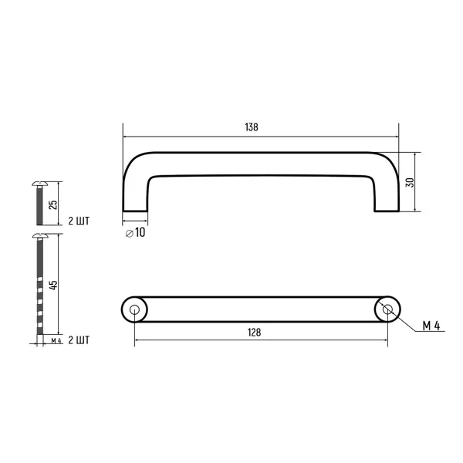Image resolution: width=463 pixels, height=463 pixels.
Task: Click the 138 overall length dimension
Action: tap(252, 127)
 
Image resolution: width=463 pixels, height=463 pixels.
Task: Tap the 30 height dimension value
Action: tap(410, 182)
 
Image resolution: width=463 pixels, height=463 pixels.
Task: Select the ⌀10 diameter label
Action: tap(135, 233)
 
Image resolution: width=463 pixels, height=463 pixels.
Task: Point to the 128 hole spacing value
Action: tap(254, 333)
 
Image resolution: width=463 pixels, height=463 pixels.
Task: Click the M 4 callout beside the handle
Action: tap(431, 326)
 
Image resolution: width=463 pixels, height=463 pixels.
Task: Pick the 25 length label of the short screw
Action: tap(52, 204)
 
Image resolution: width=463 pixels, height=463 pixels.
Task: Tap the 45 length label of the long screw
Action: tap(53, 285)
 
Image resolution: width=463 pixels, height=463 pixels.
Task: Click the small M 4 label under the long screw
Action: tap(56, 340)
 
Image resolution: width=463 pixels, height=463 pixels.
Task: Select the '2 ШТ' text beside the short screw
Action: tap(79, 221)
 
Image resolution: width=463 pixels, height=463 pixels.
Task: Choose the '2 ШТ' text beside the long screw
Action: tap(79, 340)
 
